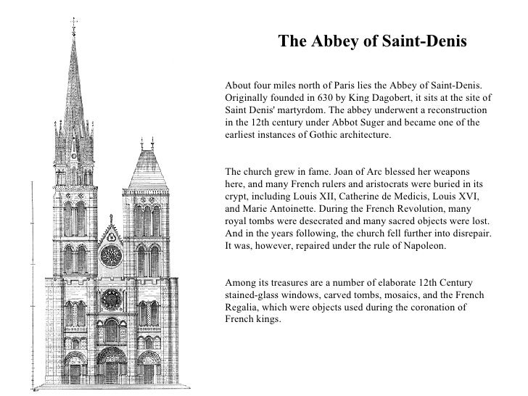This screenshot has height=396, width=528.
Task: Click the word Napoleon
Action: pyautogui.click(x=428, y=246)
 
